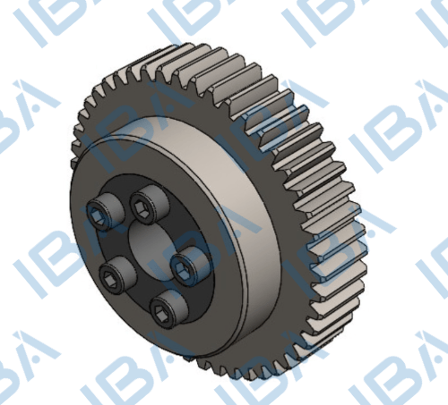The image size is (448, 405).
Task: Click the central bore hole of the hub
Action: coord(151,244)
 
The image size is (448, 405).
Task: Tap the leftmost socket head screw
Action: coord(104,212)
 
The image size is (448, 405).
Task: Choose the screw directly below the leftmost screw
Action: coord(117,274)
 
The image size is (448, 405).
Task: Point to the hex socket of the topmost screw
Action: coord(141,207)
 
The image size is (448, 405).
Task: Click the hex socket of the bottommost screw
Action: coord(159,312)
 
